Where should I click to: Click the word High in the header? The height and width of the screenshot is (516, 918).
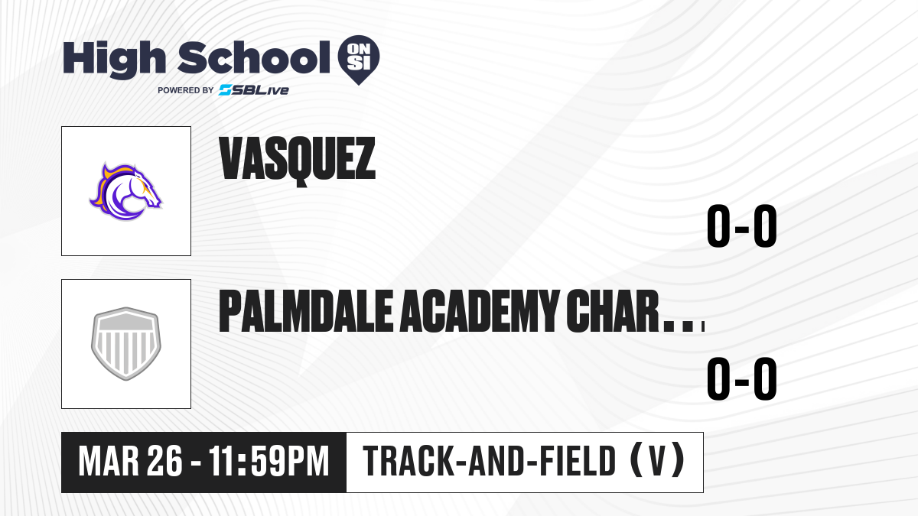click(114, 60)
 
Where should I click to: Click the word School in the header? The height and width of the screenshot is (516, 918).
click(254, 57)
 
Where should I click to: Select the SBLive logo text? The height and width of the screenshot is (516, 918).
click(254, 90)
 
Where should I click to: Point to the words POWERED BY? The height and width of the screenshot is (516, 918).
click(186, 90)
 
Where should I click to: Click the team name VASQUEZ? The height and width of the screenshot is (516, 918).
click(297, 161)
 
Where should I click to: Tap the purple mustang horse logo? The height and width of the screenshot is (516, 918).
click(125, 192)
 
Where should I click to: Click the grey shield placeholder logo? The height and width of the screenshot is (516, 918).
click(126, 344)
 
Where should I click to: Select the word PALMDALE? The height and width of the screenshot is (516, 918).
click(306, 311)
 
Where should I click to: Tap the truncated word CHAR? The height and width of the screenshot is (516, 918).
click(613, 311)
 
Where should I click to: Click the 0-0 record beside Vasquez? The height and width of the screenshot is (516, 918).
click(742, 226)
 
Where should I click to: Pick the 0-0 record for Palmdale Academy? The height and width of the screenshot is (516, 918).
click(742, 379)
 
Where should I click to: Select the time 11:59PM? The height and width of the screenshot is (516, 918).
click(269, 462)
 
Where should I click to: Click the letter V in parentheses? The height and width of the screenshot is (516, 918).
click(657, 461)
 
